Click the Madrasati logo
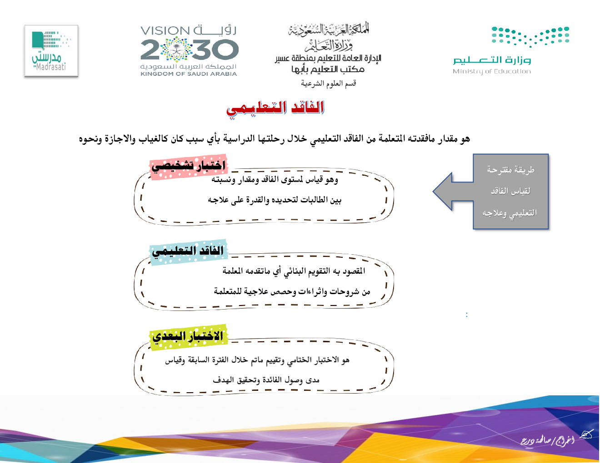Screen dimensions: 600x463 pyautogui.click(x=51, y=51)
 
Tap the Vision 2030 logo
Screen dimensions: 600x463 pyautogui.click(x=189, y=51)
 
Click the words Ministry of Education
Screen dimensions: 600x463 pyautogui.click(x=492, y=71)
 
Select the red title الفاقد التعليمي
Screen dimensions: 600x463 pyautogui.click(x=275, y=109)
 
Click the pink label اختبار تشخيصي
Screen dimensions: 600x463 pyautogui.click(x=189, y=166)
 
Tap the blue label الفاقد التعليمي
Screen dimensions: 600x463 pyautogui.click(x=189, y=251)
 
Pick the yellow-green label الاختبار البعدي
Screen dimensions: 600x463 pyautogui.click(x=189, y=337)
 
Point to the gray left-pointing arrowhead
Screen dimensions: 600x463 pyautogui.click(x=453, y=192)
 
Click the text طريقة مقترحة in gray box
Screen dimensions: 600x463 pyautogui.click(x=511, y=170)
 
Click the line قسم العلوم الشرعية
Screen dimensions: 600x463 pyautogui.click(x=329, y=83)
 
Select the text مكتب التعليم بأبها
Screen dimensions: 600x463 pyautogui.click(x=328, y=69)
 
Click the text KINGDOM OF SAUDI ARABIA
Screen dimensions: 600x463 pyautogui.click(x=189, y=74)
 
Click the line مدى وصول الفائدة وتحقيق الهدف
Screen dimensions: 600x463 pyautogui.click(x=266, y=380)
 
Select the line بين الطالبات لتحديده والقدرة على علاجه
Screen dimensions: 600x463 pyautogui.click(x=275, y=200)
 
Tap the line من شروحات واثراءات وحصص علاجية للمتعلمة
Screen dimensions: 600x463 pyautogui.click(x=292, y=291)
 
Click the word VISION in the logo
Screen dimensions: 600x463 pyautogui.click(x=165, y=30)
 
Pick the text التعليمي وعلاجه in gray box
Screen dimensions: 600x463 pyautogui.click(x=510, y=213)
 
